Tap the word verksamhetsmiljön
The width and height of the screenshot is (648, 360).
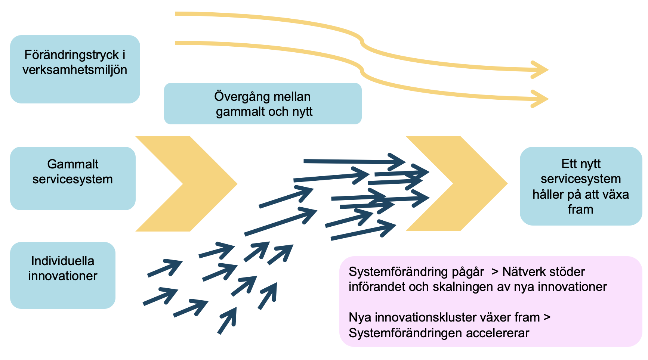tap(75, 70)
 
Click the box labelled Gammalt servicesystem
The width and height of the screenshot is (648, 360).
tap(72, 178)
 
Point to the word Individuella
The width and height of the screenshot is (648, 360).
tap(63, 261)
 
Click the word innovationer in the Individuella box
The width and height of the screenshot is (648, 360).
tap(63, 276)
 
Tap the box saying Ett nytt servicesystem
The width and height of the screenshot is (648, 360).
tap(581, 186)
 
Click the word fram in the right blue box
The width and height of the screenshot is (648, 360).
tap(580, 210)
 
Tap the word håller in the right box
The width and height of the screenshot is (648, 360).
tap(547, 194)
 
